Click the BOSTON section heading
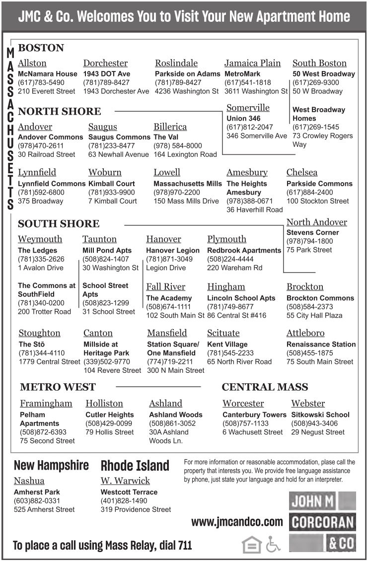point(41,48)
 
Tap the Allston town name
point(32,63)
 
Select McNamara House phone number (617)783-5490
point(41,82)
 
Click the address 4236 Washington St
point(186,91)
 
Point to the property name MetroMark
point(242,74)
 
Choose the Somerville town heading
point(248,108)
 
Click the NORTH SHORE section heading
point(59,111)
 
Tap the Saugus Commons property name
point(119,137)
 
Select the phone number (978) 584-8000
point(178,146)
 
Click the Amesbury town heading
point(247,173)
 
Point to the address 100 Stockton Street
point(317,201)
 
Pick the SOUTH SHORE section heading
point(59,223)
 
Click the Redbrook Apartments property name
point(244,251)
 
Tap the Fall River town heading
point(165,287)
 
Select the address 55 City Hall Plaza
point(314,315)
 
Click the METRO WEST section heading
point(58,387)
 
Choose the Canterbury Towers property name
point(254,415)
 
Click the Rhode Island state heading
point(135,466)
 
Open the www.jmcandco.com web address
point(237,522)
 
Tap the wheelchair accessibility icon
point(273,545)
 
